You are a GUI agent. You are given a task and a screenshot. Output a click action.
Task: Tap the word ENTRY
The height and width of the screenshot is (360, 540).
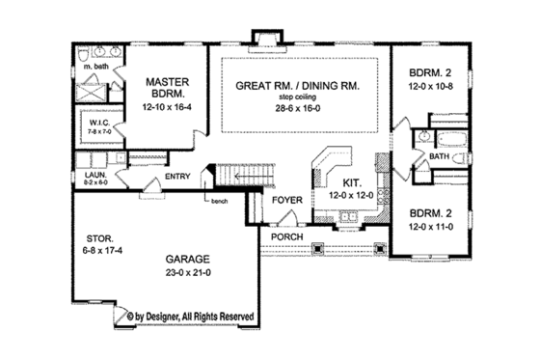point(176,177)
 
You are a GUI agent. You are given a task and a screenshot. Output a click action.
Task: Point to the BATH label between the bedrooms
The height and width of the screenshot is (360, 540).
point(439,154)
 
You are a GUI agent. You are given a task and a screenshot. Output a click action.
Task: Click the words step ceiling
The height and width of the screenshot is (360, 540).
point(299,98)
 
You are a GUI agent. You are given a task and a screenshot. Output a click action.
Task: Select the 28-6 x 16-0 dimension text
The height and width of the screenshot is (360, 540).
point(299,111)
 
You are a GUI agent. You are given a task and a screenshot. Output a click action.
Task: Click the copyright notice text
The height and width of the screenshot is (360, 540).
point(190,315)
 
